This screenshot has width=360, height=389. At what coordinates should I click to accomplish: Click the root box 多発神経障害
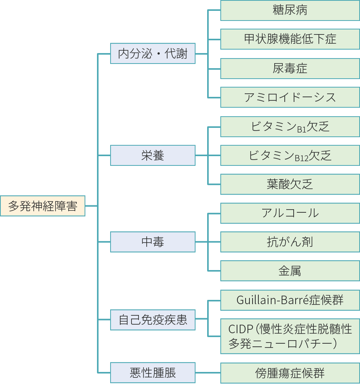43,206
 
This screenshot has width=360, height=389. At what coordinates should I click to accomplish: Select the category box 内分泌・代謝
153,53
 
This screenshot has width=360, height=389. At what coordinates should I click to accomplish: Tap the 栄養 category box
153,155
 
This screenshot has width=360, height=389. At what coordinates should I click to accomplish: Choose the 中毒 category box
153,242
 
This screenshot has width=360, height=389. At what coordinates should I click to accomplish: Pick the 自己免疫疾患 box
153,320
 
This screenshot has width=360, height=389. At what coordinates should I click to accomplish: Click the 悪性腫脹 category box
153,373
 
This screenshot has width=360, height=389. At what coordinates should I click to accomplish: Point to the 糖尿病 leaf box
290,10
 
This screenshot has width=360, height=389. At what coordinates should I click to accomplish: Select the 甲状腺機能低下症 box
290,39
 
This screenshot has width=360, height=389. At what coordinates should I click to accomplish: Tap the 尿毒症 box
290,69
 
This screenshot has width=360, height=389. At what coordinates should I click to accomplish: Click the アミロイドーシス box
290,97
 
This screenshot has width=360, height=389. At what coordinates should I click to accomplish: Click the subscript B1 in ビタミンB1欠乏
301,129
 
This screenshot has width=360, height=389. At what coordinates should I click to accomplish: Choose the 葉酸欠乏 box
290,184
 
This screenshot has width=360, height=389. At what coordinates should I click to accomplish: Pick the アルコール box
290,213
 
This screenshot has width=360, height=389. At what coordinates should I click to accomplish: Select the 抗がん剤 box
290,242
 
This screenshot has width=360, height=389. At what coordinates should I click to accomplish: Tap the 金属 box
290,271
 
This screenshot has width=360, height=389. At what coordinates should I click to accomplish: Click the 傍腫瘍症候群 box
290,373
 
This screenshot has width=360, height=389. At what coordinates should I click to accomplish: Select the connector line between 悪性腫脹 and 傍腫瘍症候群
208,373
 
